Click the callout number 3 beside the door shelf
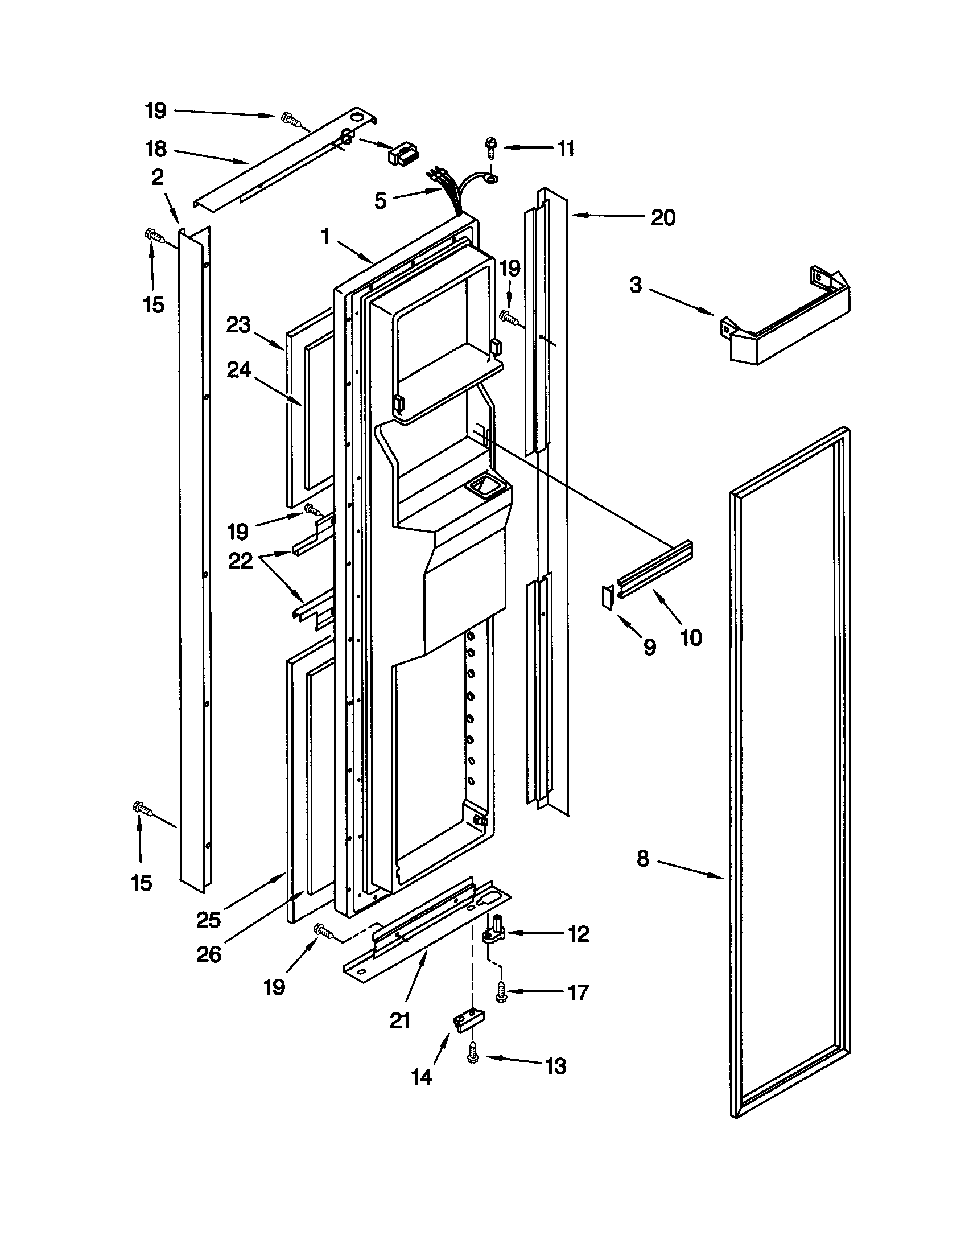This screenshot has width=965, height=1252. coord(636,285)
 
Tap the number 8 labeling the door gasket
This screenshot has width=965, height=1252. coord(642,875)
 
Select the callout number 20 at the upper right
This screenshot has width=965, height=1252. coord(663,217)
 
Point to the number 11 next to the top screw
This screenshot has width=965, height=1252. coord(566,149)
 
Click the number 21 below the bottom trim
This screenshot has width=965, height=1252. coord(400,1020)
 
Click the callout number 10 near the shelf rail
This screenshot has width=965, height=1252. coord(692,637)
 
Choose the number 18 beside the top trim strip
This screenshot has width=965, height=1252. coord(155,149)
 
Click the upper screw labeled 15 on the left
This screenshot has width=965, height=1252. coord(154,236)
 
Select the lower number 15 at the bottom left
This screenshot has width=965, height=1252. coord(142,883)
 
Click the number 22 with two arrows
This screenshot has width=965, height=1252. coord(240,561)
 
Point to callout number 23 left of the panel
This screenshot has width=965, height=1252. coord(238,325)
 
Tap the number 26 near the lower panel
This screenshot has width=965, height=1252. coord(209,955)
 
